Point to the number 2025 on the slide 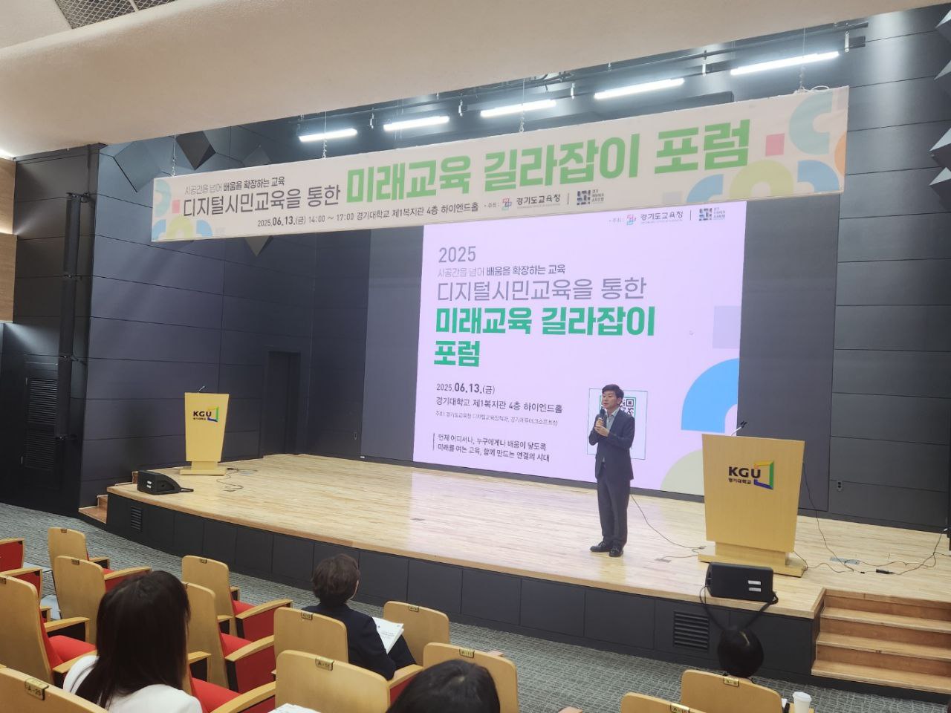[457, 254]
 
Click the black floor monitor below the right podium [739, 582]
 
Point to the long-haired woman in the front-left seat [137, 639]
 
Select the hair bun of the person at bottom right [739, 649]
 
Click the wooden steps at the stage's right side [880, 639]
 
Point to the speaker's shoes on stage [607, 550]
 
